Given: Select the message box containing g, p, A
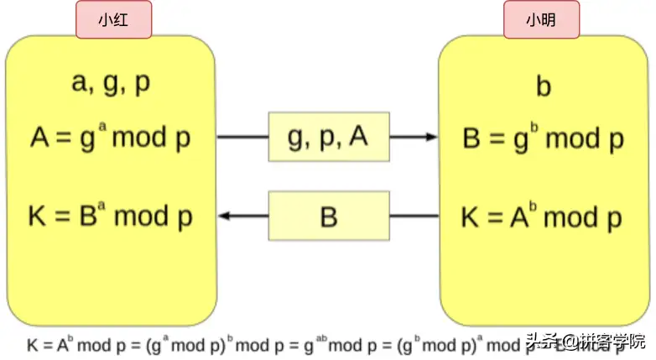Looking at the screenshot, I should [x=329, y=137].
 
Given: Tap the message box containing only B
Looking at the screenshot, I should [x=329, y=217].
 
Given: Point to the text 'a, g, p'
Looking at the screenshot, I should [x=112, y=85].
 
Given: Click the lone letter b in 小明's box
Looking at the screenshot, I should [x=544, y=87].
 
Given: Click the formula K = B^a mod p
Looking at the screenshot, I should [x=111, y=216].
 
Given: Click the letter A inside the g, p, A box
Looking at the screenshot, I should [x=358, y=136].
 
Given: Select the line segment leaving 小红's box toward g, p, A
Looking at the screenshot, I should [x=242, y=137].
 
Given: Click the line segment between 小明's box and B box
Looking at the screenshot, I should [x=414, y=217].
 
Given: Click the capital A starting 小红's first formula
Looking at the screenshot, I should [x=39, y=138].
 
